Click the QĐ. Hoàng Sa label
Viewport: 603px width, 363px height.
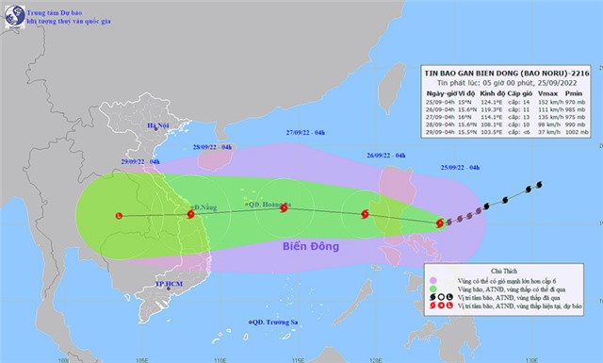point(269,204)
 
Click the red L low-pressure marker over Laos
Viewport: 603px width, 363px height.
point(118,216)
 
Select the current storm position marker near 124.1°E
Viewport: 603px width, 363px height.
point(440,223)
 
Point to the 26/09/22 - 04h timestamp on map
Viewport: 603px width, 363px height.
point(386,155)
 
